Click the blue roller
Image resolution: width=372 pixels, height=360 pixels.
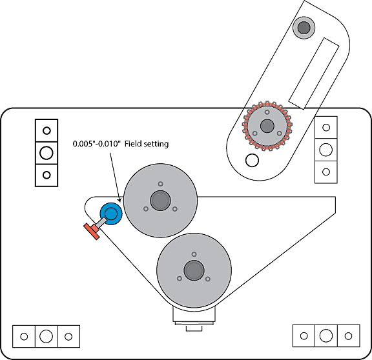point(111,214)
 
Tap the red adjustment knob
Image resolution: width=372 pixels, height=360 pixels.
point(92,231)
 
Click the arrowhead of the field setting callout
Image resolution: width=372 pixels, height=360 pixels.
point(119,200)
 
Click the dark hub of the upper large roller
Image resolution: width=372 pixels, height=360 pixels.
point(160,201)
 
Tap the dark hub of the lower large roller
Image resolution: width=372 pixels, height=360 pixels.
point(194,270)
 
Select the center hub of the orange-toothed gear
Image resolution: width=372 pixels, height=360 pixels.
point(267,126)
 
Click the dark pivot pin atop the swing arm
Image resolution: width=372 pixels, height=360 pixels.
point(304,28)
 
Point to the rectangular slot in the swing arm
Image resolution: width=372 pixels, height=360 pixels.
point(314,74)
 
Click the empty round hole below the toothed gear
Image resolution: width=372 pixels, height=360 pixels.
point(252,160)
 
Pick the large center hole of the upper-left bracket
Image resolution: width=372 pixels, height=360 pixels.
point(46,153)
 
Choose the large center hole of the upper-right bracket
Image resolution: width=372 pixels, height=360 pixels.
point(325,150)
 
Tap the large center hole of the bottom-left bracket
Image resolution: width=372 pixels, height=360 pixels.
point(46,336)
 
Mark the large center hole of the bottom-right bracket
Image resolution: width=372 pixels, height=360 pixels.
point(326,335)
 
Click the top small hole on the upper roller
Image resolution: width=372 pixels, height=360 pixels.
point(160,184)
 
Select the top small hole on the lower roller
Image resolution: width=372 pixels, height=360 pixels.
point(194,254)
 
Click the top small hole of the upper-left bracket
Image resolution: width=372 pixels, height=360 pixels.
point(46,130)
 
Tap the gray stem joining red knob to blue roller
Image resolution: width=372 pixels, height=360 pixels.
point(101,223)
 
